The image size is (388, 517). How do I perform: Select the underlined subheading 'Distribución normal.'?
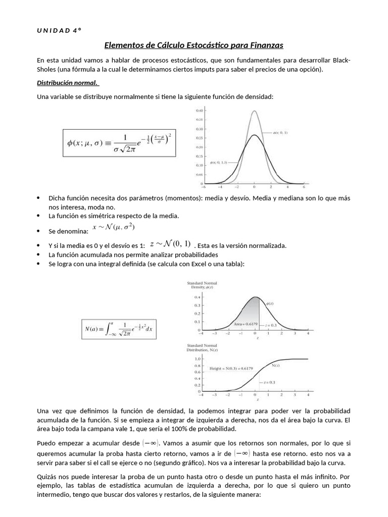pos(68,83)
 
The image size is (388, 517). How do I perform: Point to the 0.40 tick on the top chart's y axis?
pos(199,110)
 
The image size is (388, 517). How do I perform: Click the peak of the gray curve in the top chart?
pos(254,112)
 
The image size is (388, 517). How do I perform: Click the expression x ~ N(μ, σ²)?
pos(113,228)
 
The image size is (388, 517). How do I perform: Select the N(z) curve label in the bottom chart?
pos(276,365)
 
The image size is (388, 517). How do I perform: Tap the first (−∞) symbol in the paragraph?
pos(152,443)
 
